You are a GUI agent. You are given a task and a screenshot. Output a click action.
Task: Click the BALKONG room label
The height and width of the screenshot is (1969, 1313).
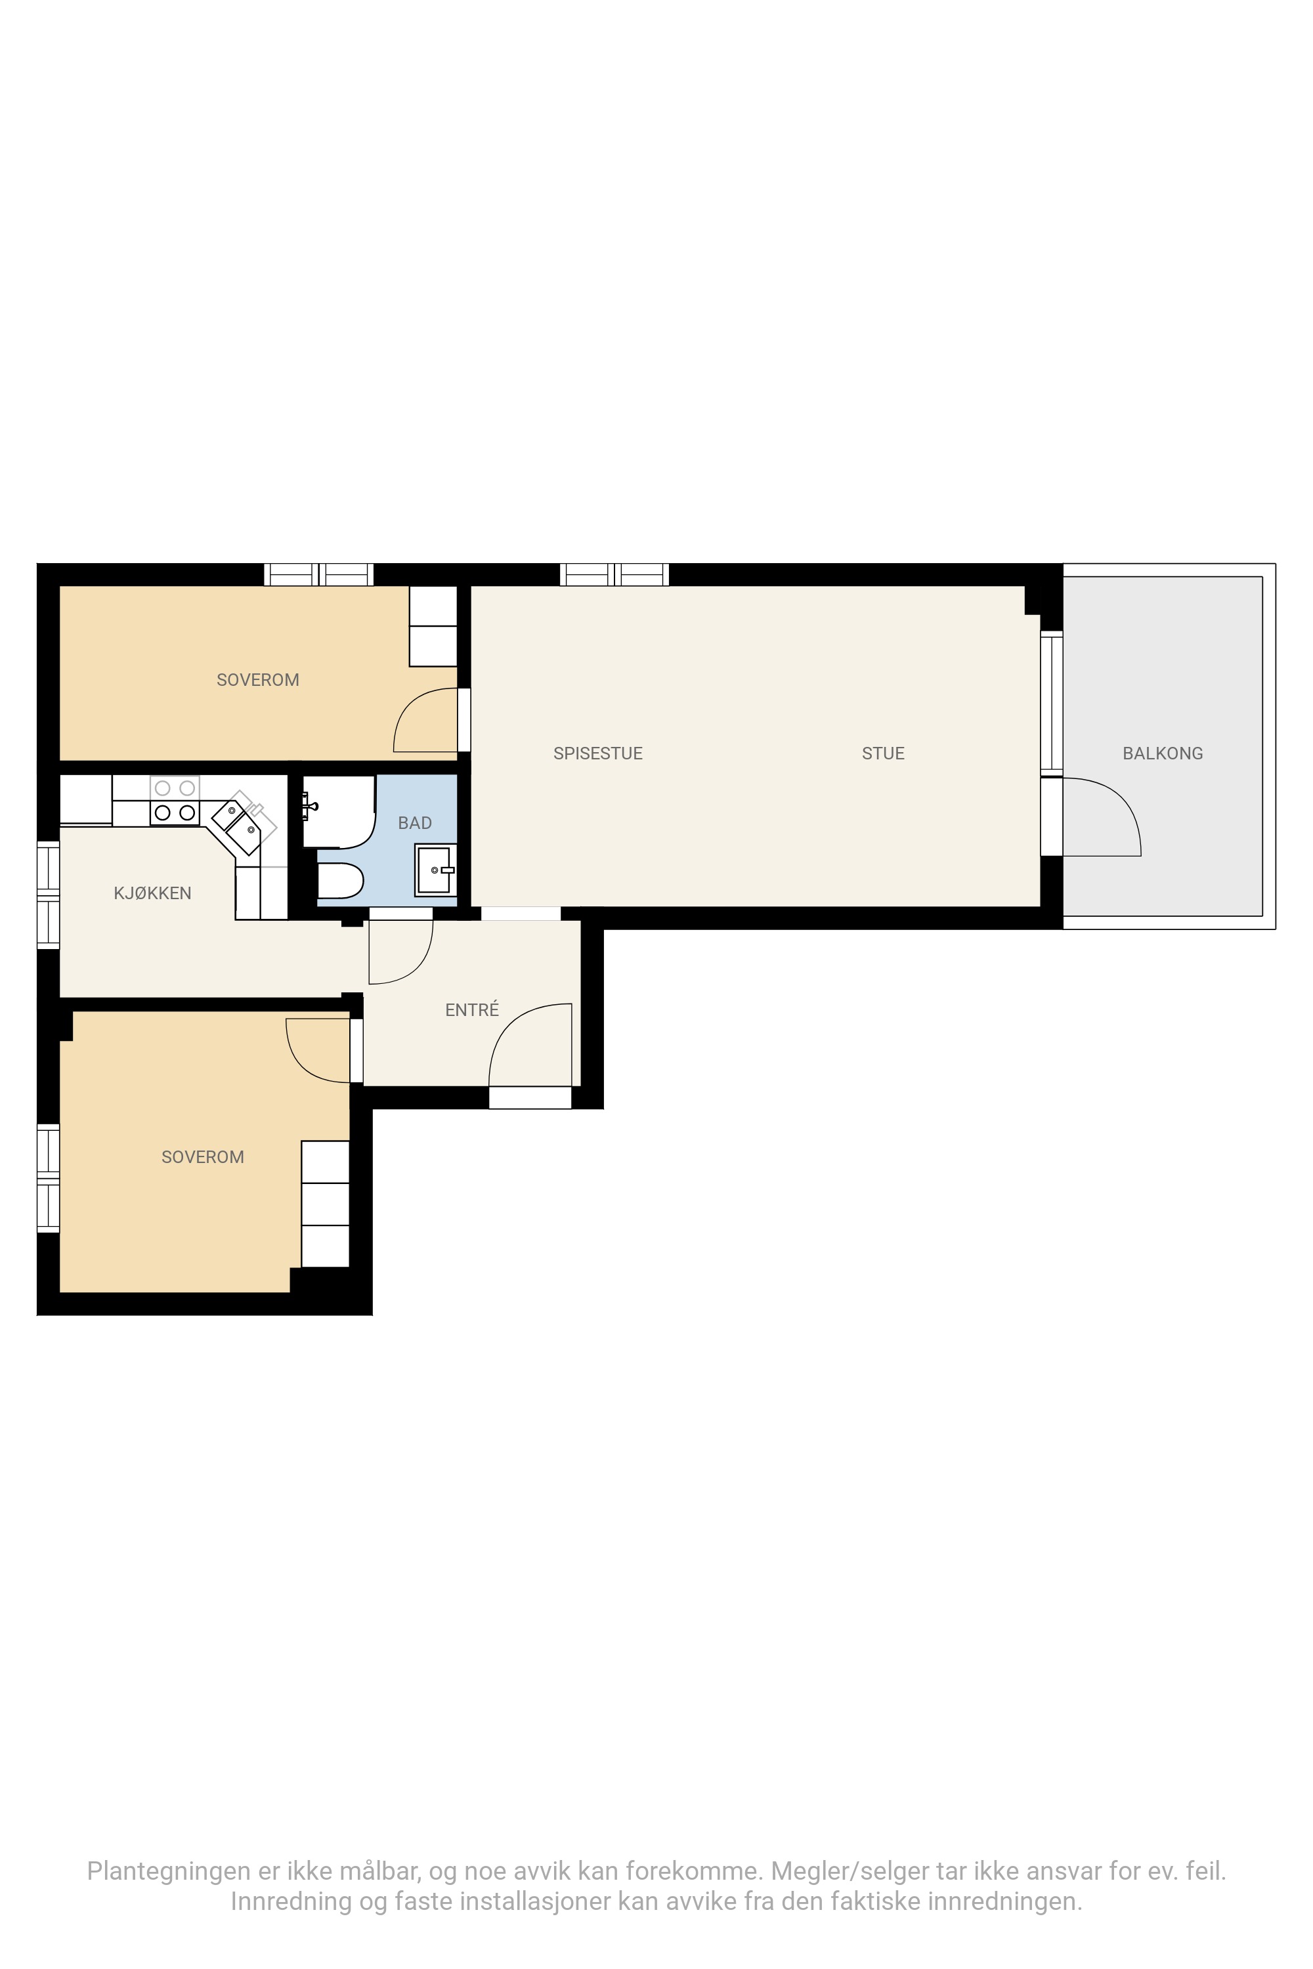(1162, 753)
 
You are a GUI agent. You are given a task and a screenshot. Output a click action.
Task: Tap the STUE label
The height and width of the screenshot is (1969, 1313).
(884, 753)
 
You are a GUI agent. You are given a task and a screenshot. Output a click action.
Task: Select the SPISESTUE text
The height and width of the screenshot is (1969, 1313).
(598, 753)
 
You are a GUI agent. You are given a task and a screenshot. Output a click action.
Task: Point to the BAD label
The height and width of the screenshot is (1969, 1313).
(414, 823)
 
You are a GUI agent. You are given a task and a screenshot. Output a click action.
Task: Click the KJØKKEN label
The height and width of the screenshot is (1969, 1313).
(152, 893)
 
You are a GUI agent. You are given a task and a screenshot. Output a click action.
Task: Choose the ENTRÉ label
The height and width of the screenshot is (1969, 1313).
(472, 1009)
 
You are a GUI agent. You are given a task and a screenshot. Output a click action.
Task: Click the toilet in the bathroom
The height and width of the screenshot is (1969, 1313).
(340, 881)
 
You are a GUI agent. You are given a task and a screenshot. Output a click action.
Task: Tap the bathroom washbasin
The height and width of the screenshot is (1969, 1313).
(435, 870)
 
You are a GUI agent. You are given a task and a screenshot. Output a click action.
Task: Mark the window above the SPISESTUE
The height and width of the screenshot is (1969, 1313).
(614, 574)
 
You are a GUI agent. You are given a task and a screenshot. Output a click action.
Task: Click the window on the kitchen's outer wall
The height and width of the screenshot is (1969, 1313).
(49, 895)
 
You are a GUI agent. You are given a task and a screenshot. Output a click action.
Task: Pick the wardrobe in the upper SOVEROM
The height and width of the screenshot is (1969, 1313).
(433, 626)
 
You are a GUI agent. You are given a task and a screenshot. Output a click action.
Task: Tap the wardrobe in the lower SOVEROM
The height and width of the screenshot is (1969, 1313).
(325, 1204)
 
